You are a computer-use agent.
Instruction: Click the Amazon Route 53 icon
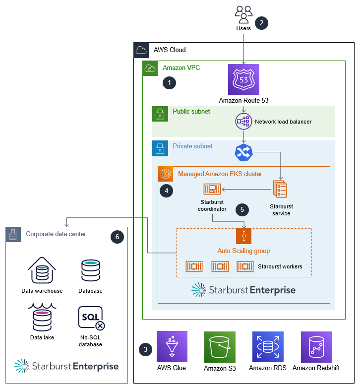click(x=243, y=79)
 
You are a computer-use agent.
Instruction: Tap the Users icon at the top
click(x=243, y=15)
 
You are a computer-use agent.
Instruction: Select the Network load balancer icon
click(x=243, y=121)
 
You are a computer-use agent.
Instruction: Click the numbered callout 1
click(x=170, y=83)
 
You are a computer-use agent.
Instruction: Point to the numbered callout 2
click(x=261, y=22)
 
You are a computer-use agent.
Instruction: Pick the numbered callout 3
click(x=145, y=349)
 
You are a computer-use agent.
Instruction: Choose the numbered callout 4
click(x=166, y=190)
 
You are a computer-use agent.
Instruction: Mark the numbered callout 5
click(x=242, y=209)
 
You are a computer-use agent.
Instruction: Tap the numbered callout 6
click(x=117, y=237)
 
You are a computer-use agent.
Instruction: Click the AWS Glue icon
click(x=172, y=346)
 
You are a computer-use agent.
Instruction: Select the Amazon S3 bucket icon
click(x=219, y=346)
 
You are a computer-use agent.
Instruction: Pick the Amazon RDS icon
click(x=267, y=346)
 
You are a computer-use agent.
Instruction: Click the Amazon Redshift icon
click(x=316, y=346)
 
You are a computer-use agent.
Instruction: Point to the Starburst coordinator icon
click(x=212, y=189)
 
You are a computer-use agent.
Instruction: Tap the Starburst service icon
click(x=280, y=189)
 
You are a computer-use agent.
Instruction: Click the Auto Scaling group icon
click(x=243, y=236)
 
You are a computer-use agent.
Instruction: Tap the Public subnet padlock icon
click(x=160, y=114)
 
